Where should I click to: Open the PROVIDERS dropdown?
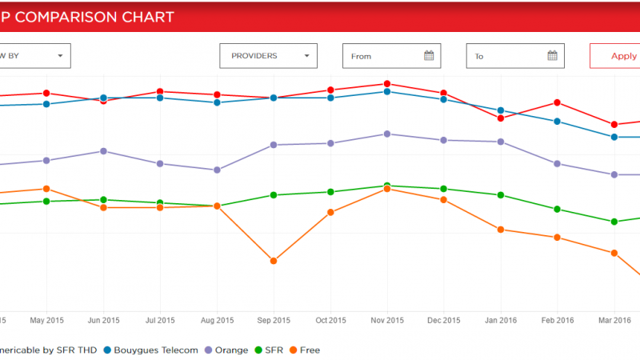[268, 56]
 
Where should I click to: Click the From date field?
[384, 56]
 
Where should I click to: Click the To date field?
[508, 56]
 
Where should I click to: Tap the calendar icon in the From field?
[429, 56]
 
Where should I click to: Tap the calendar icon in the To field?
[553, 56]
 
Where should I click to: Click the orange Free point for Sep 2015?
[274, 261]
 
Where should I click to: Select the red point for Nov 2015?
[387, 84]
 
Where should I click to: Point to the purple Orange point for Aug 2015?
[217, 170]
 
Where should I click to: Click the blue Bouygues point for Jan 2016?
[501, 110]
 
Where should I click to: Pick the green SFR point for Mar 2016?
[614, 222]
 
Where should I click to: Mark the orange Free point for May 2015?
[47, 189]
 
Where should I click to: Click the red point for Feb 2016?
[558, 102]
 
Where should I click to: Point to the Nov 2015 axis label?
[387, 321]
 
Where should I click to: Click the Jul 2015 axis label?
[160, 321]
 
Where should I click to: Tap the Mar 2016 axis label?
[614, 321]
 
